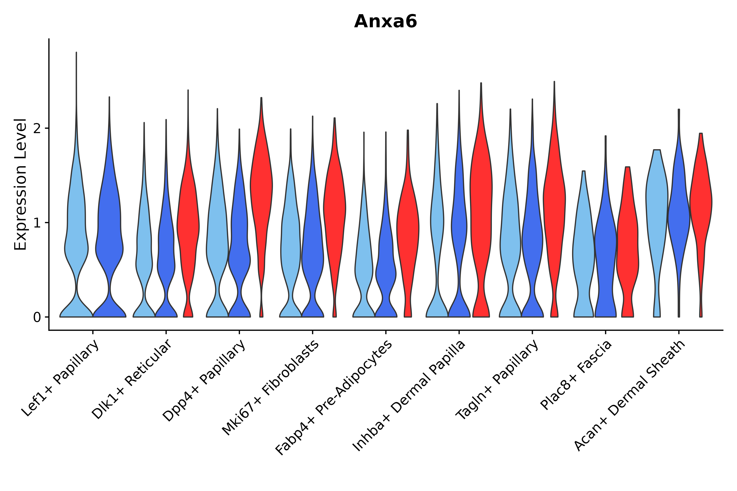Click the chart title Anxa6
(385, 22)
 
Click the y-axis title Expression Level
(20, 184)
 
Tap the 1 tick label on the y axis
(37, 223)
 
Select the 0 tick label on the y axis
(37, 318)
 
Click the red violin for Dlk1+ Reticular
(188, 226)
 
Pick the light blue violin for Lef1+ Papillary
(76, 238)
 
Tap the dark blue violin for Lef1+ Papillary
(109, 238)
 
